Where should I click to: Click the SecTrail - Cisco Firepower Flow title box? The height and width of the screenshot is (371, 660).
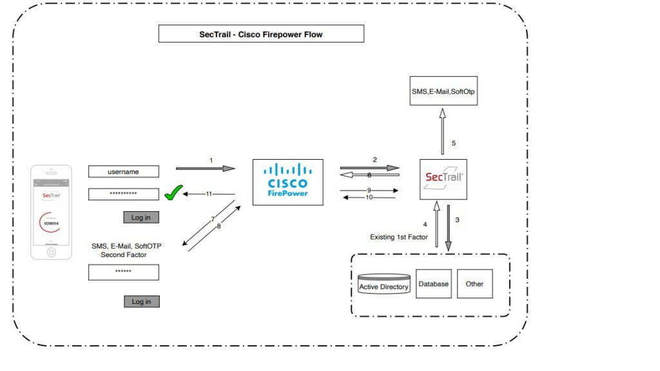(x=261, y=34)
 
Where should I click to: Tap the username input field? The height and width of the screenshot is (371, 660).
(x=123, y=172)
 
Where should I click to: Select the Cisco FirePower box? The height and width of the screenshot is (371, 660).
(x=287, y=182)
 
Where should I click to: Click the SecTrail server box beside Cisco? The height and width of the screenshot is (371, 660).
(x=443, y=180)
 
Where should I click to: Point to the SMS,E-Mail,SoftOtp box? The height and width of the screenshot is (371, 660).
(x=444, y=91)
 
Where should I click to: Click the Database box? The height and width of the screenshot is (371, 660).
(x=434, y=283)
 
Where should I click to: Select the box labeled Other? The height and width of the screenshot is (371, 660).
(x=474, y=283)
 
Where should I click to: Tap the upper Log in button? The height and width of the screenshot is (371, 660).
(x=141, y=217)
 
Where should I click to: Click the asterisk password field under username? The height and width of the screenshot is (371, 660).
(x=123, y=194)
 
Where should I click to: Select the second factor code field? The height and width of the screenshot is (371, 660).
(x=123, y=272)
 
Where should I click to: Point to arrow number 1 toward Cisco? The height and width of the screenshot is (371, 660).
(x=206, y=169)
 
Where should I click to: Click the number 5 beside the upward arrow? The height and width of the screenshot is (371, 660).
(x=453, y=143)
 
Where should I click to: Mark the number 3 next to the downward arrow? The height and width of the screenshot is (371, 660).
(x=457, y=220)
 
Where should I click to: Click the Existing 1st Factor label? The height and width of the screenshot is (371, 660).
(x=398, y=237)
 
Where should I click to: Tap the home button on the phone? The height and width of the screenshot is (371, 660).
(x=51, y=252)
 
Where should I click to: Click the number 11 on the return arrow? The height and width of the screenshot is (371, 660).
(x=209, y=193)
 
